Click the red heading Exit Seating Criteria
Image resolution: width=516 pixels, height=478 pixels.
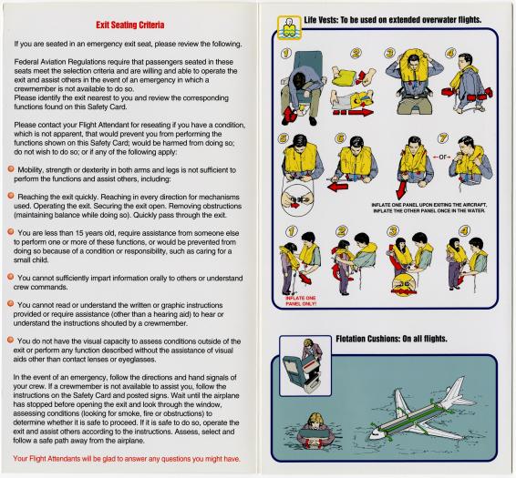tap(130, 25)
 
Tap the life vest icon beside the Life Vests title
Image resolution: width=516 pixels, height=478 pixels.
tap(289, 28)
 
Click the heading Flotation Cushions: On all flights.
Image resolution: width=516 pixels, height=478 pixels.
tap(391, 339)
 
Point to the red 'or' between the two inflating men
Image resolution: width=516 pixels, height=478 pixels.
tap(441, 158)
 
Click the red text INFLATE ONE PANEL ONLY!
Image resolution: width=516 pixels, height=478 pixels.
tap(301, 300)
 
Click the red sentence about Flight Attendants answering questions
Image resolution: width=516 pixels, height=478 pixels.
tap(127, 459)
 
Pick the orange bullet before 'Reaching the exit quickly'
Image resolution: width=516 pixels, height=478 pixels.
tap(11, 196)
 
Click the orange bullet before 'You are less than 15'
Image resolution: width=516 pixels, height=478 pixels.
tap(11, 232)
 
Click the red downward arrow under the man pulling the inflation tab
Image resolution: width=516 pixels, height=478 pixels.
tap(401, 190)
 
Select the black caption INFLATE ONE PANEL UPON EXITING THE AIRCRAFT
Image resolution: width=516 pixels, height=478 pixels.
tap(428, 205)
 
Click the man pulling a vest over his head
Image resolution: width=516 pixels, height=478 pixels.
tap(413, 80)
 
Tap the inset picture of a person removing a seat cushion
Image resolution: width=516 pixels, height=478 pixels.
tap(305, 366)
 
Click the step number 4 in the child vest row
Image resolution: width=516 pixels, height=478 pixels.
tap(464, 230)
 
